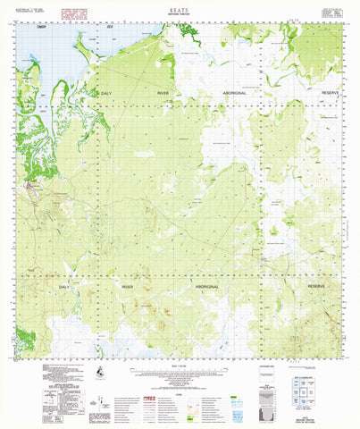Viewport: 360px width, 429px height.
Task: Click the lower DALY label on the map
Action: click(x=64, y=287)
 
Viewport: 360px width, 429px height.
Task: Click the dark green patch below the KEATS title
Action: click(x=188, y=29)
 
